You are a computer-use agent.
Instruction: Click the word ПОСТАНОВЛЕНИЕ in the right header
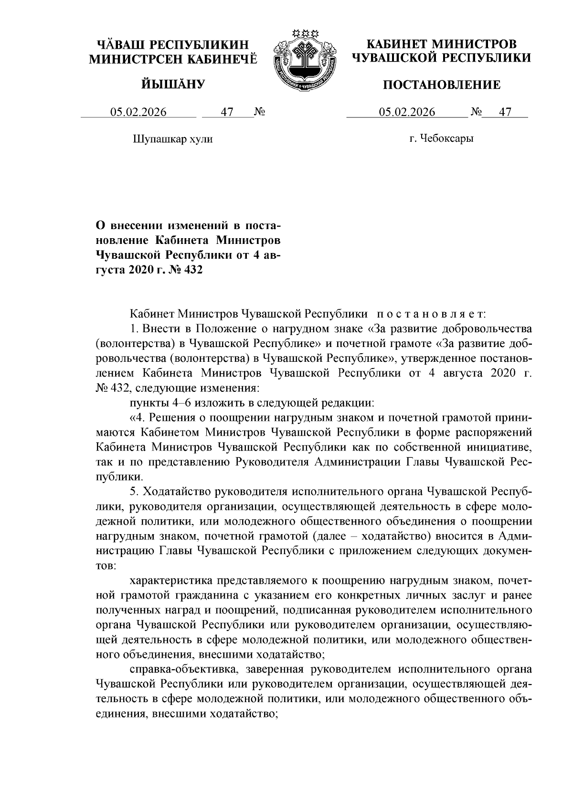click(x=442, y=85)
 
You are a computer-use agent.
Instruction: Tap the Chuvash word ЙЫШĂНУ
click(x=173, y=85)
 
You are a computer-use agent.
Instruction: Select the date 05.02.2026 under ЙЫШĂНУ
click(x=138, y=112)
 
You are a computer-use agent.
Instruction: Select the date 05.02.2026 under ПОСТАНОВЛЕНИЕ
click(x=407, y=112)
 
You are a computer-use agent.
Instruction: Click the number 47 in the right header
click(x=505, y=112)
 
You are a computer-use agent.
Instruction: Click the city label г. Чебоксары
click(x=441, y=139)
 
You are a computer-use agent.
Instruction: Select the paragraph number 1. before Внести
click(x=135, y=329)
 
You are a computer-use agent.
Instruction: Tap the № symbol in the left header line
click(x=259, y=112)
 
